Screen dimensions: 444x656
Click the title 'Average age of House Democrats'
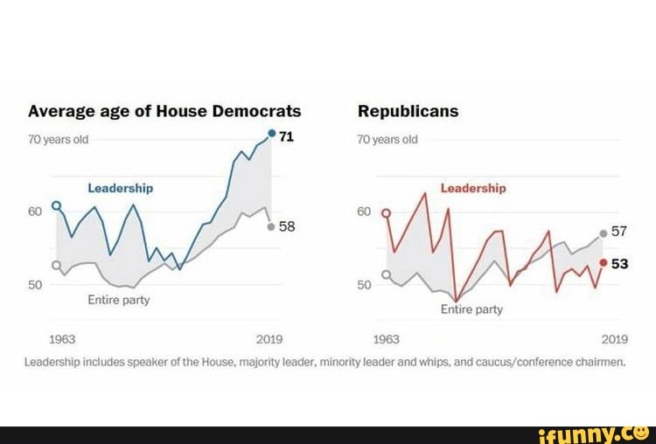pyautogui.click(x=164, y=111)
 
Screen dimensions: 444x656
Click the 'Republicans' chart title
pyautogui.click(x=408, y=111)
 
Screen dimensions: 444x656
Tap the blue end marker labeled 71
pyautogui.click(x=272, y=134)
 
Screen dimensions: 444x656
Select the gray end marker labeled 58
pyautogui.click(x=271, y=225)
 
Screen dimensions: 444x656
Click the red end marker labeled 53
pyautogui.click(x=604, y=262)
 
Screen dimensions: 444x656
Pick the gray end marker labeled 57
pyautogui.click(x=604, y=233)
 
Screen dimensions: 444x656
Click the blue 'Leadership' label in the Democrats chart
pyautogui.click(x=120, y=188)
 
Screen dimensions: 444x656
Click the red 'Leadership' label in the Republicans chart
pyautogui.click(x=472, y=188)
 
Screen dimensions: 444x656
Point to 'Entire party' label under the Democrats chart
pyautogui.click(x=118, y=300)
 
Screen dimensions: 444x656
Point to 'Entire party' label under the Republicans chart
pyautogui.click(x=471, y=309)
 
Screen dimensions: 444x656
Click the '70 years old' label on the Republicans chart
pyautogui.click(x=387, y=140)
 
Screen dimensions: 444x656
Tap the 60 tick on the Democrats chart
pyautogui.click(x=35, y=212)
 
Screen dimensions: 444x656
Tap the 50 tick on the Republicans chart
pyautogui.click(x=365, y=285)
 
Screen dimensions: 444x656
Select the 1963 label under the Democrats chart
pyautogui.click(x=55, y=339)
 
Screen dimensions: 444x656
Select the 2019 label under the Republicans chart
pyautogui.click(x=614, y=339)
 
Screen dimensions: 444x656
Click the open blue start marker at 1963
pyautogui.click(x=57, y=205)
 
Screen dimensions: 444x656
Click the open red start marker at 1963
pyautogui.click(x=386, y=212)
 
